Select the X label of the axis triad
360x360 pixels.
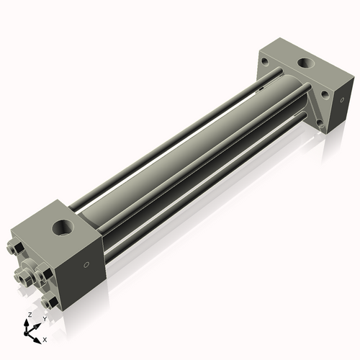tap(45, 338)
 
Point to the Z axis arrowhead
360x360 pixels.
tap(28, 323)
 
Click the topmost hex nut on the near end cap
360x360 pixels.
tap(15, 251)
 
